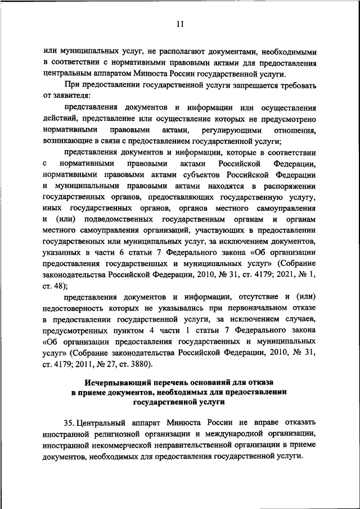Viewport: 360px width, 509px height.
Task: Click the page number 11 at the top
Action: pos(180,24)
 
